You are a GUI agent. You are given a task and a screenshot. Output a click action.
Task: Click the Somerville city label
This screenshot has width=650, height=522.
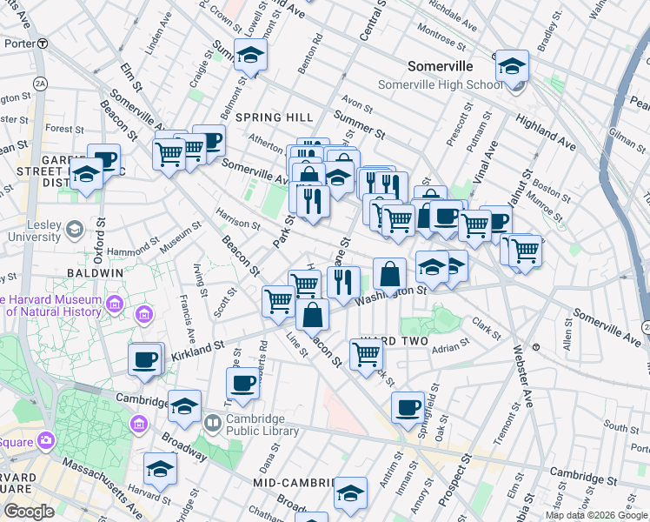point(441,67)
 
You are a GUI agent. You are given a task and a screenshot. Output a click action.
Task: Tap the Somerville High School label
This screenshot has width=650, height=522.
point(440,84)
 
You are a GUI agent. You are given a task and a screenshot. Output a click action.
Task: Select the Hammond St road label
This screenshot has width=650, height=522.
point(107,250)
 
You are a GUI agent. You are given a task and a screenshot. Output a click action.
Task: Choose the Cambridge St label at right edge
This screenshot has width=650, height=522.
point(587,478)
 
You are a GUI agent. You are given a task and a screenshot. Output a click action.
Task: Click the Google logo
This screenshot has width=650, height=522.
point(30,512)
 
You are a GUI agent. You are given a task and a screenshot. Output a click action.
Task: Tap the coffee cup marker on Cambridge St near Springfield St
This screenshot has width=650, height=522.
point(407,407)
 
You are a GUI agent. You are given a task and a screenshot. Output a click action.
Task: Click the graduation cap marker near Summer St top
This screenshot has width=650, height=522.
point(250,54)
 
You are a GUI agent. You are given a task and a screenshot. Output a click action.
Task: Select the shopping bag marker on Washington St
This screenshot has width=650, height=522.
point(391,274)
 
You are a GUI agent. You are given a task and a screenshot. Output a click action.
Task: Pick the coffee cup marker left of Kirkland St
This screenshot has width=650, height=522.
point(145,358)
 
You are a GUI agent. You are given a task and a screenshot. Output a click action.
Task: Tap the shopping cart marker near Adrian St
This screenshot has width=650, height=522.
point(366,353)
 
